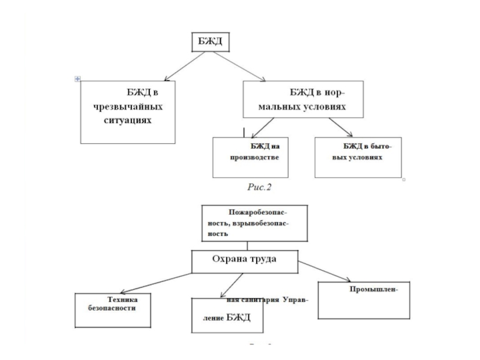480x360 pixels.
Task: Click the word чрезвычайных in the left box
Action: point(128,106)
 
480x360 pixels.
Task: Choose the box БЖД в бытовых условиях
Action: point(358,157)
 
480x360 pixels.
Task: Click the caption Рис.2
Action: point(260,187)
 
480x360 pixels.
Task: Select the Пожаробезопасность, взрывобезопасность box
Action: point(254,222)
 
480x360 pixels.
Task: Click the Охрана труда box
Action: point(244,260)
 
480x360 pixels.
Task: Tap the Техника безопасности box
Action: point(112,310)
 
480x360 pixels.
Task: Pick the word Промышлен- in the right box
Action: point(373,290)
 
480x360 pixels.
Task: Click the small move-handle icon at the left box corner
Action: point(78,79)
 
